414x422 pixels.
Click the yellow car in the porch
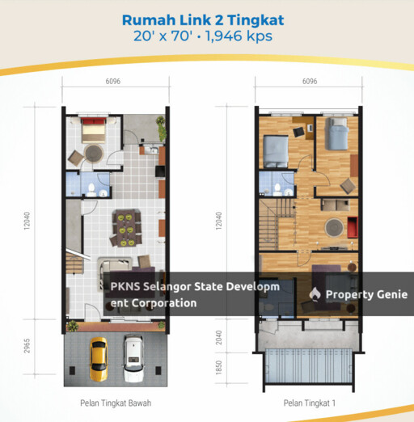click(99, 359)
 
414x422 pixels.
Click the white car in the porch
click(133, 358)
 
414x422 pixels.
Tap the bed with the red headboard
click(93, 130)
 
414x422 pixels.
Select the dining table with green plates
click(127, 228)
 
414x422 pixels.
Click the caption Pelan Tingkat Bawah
click(116, 403)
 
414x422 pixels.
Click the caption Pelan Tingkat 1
click(310, 403)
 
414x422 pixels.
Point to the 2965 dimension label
click(27, 346)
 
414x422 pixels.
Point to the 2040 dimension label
click(219, 337)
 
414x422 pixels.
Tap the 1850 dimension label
click(219, 368)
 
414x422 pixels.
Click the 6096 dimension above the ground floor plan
click(113, 81)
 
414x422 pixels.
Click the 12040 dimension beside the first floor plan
click(219, 221)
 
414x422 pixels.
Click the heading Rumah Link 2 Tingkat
click(203, 20)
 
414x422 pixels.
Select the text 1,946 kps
click(239, 36)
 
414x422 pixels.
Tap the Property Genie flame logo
click(315, 294)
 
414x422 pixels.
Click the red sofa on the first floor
click(353, 227)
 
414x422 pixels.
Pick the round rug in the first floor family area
click(334, 228)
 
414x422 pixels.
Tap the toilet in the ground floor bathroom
click(91, 189)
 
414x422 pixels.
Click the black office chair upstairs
click(299, 132)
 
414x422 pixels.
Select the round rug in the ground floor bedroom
click(94, 154)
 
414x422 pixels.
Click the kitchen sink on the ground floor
click(151, 150)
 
